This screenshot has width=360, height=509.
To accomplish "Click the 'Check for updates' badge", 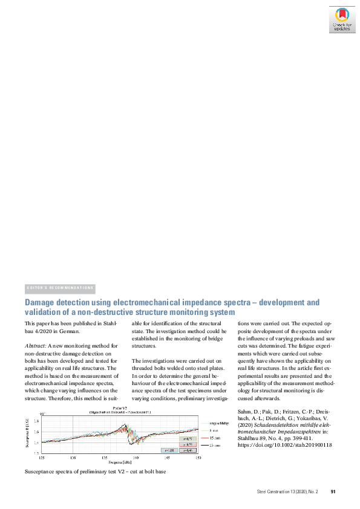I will pos(341,20).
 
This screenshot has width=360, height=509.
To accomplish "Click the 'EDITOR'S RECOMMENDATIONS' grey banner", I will pos(61,288).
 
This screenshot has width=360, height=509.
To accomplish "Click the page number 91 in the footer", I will pos(333,491).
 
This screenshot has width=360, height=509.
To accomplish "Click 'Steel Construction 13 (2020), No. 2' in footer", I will pos(287,491).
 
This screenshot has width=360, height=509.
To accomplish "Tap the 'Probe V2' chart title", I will pos(119,409).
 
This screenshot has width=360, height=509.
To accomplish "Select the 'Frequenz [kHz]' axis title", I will pos(119,462).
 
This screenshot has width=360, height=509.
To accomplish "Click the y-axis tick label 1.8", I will pos(36,421).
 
